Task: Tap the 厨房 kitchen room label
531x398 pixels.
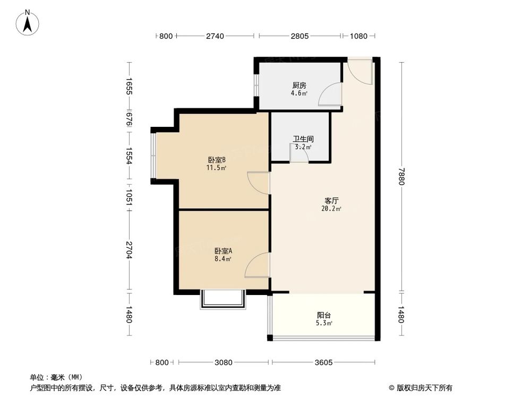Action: [x=299, y=85]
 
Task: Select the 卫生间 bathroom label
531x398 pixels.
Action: [x=301, y=140]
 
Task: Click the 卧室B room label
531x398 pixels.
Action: [x=217, y=160]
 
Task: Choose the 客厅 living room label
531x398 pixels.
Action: [x=332, y=201]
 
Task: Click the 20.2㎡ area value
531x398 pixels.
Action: [x=332, y=209]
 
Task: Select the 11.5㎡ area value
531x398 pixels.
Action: [x=217, y=168]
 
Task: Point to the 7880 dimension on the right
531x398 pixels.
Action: [x=401, y=176]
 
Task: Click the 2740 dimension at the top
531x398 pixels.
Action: [x=215, y=36]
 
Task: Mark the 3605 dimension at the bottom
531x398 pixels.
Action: [x=323, y=362]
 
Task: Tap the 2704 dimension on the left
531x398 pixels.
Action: [x=128, y=250]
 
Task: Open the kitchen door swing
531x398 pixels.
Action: [x=330, y=96]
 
